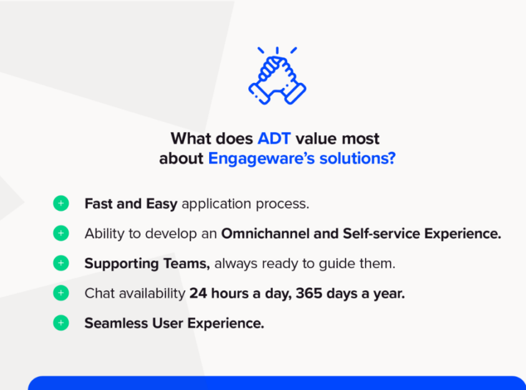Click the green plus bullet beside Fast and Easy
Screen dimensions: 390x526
click(x=61, y=203)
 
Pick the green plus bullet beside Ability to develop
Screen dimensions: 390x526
click(x=61, y=233)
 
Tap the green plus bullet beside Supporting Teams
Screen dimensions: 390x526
click(x=61, y=263)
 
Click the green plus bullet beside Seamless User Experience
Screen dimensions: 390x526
click(x=61, y=323)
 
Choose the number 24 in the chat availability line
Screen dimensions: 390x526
click(x=198, y=293)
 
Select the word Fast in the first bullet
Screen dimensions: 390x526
click(x=98, y=203)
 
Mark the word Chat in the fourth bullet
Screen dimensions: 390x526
click(x=99, y=293)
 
